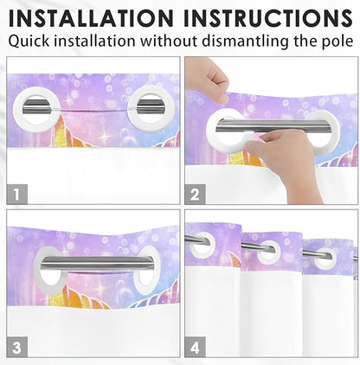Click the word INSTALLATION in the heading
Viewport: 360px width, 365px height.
click(x=91, y=18)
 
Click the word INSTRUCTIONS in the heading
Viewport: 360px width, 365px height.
click(x=268, y=18)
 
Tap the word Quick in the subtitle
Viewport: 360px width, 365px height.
click(x=29, y=42)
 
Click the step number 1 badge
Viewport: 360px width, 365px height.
click(x=16, y=194)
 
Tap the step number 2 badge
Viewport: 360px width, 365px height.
click(x=195, y=194)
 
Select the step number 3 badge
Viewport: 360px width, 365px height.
click(x=16, y=347)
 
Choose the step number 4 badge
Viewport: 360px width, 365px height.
click(x=195, y=347)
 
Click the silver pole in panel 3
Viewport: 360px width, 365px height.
click(x=99, y=264)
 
